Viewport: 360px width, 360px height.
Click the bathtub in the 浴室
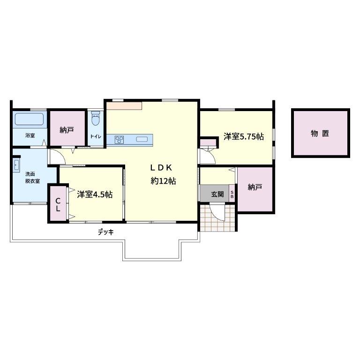tap(29, 119)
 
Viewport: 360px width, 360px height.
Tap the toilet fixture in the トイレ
tap(96, 119)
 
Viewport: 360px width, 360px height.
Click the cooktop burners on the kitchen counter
tap(119, 140)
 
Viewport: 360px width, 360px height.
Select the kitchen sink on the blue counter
tap(142, 139)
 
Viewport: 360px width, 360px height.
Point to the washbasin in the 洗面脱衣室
tap(16, 165)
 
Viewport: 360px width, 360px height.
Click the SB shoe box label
tap(232, 195)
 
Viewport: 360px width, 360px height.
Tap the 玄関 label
tap(217, 194)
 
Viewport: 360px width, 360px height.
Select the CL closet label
tap(58, 205)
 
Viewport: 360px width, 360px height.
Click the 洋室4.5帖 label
tap(95, 195)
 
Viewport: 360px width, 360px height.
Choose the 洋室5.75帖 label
tap(244, 136)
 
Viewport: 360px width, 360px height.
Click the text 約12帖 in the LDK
tap(163, 181)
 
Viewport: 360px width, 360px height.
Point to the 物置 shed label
tap(320, 133)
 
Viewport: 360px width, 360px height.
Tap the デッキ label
tap(106, 232)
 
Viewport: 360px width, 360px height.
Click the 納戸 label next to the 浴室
tap(67, 130)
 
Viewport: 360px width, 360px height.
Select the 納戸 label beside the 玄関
tap(255, 187)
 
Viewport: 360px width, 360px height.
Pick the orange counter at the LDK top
tap(124, 106)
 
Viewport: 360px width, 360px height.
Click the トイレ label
tap(96, 136)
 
